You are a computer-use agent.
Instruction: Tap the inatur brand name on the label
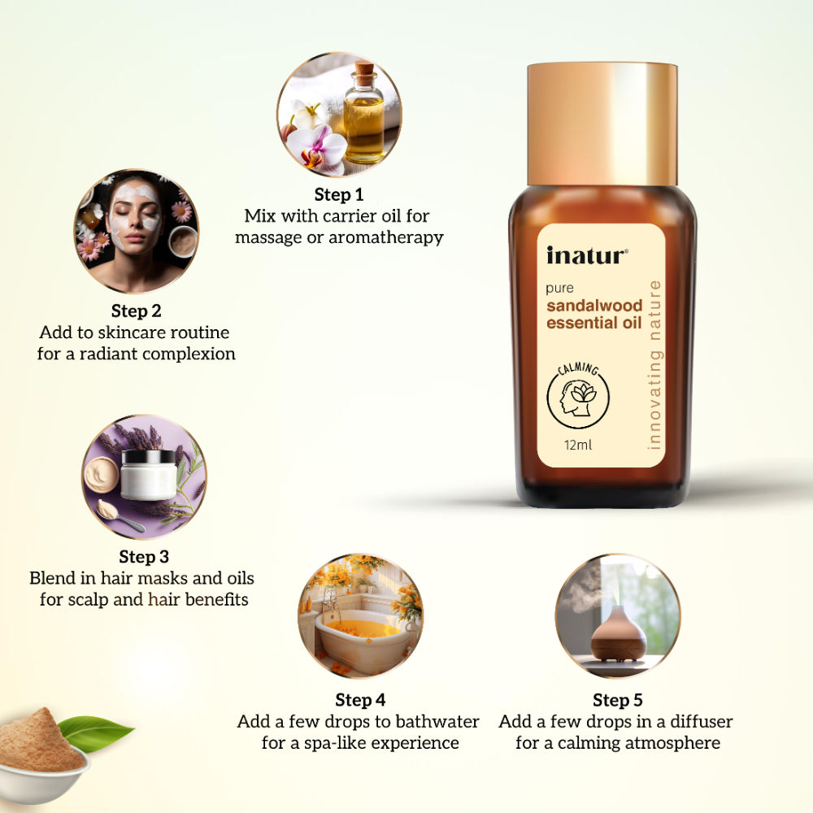[x=586, y=255]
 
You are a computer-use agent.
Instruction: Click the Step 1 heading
[x=339, y=195]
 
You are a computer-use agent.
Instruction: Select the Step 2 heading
[x=136, y=311]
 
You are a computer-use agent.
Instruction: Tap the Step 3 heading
[x=144, y=557]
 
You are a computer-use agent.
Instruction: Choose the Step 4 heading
[x=360, y=700]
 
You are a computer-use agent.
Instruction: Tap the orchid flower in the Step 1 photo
[x=319, y=146]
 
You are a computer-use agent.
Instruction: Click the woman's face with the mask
[x=134, y=215]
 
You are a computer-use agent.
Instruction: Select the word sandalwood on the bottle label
[x=594, y=306]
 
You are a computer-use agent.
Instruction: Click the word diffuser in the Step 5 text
[x=693, y=722]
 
